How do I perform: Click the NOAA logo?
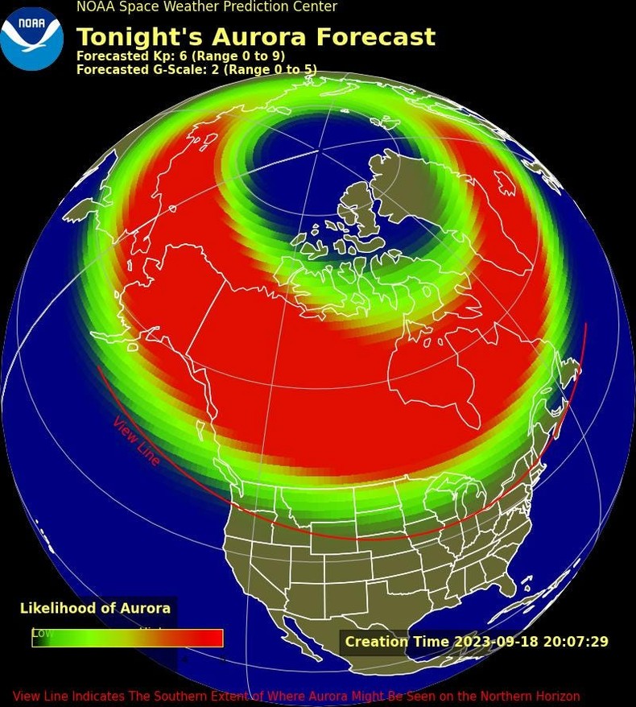point(31,38)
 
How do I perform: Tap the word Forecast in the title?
point(375,37)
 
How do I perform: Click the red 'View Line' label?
point(136,440)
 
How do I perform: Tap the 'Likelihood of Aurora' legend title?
point(95,609)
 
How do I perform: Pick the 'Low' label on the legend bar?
point(43,633)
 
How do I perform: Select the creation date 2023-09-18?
point(492,642)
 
